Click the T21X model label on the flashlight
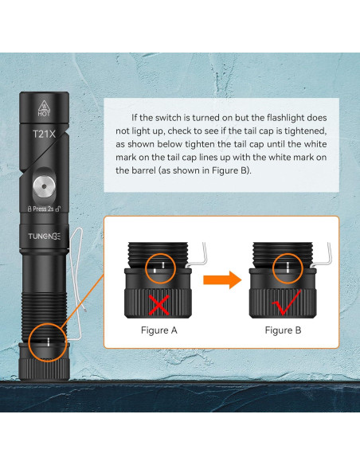point(44,134)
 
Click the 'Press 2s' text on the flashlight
point(43,209)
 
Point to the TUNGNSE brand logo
point(44,236)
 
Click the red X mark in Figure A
point(159,305)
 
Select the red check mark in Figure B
point(286,303)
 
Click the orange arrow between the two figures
point(222,279)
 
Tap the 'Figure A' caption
point(159,330)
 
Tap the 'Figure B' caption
point(283,330)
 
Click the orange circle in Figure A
point(146,268)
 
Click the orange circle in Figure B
point(272,268)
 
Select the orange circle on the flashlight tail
point(29,342)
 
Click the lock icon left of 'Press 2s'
point(29,209)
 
